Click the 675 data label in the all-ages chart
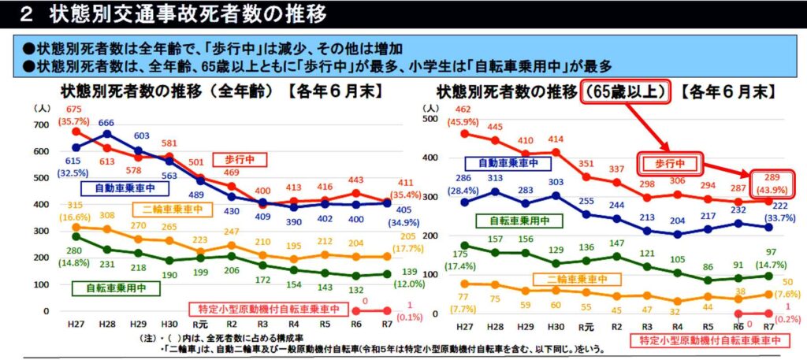pyautogui.click(x=74, y=109)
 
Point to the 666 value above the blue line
pyautogui.click(x=107, y=123)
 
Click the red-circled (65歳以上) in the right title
pyautogui.click(x=626, y=91)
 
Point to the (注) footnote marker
pyautogui.click(x=139, y=336)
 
